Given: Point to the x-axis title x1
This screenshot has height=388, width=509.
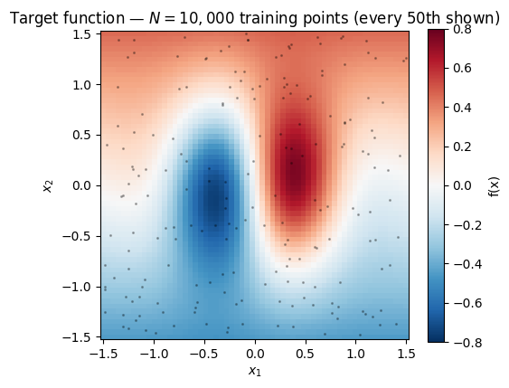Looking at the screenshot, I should (255, 372).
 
